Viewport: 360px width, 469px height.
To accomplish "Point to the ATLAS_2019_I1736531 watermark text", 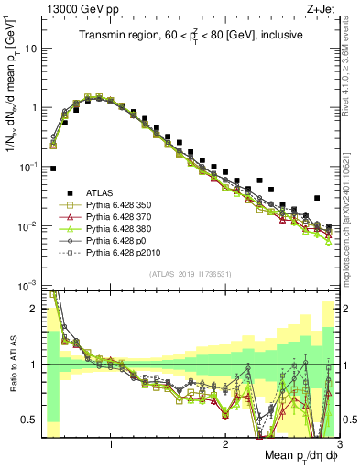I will pyautogui.click(x=191, y=274).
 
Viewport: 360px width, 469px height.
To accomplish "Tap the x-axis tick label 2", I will pyautogui.click(x=224, y=446).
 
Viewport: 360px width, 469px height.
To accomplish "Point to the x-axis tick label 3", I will pyautogui.click(x=338, y=446).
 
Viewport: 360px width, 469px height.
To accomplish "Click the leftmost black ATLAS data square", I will pyautogui.click(x=53, y=169).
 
